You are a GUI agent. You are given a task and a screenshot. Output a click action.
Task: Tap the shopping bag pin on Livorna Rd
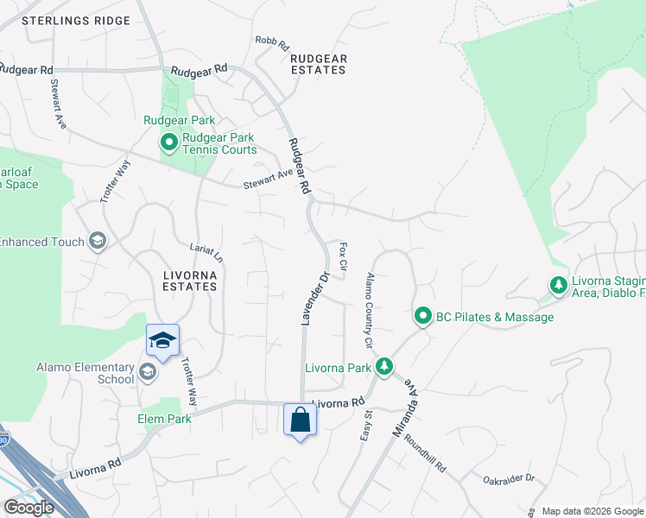tap(300, 420)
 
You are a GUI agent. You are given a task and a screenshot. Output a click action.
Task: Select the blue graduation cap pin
tap(161, 340)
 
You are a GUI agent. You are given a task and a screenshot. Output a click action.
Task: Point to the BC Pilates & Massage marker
tap(422, 317)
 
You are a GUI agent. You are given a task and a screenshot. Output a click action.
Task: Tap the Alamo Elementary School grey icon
tap(148, 372)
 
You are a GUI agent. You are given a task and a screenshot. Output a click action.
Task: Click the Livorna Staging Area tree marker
tap(559, 284)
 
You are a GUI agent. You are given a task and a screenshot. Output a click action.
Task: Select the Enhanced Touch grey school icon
tap(97, 242)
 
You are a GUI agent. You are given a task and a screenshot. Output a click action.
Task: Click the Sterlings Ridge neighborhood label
tap(76, 20)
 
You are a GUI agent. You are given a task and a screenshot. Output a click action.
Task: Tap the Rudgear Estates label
tap(319, 64)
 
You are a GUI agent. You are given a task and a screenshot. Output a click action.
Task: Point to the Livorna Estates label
tap(190, 280)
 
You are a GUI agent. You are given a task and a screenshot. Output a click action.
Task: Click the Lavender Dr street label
tap(314, 299)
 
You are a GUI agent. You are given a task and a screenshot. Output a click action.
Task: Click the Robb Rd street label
tap(270, 41)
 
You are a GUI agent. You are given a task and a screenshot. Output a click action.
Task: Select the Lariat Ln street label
tap(206, 253)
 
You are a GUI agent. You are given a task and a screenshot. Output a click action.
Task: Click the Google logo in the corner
tap(28, 508)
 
